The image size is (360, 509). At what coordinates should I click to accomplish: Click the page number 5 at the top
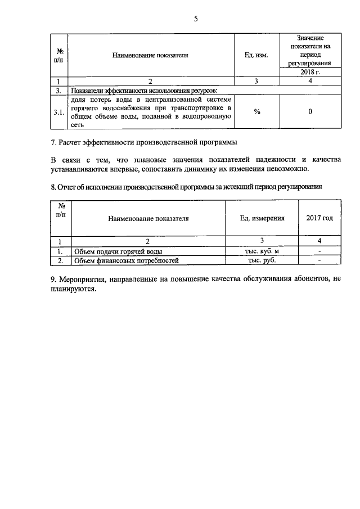(196, 19)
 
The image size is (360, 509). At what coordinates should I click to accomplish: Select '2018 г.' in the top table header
(310, 72)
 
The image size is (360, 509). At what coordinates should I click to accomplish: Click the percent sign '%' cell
(256, 112)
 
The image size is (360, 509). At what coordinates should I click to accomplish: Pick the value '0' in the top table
(310, 112)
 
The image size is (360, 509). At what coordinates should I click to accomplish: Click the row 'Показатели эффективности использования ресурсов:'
(146, 90)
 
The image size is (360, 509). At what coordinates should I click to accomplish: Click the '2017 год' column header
(319, 218)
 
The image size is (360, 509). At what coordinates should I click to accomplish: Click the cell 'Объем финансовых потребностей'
(127, 260)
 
